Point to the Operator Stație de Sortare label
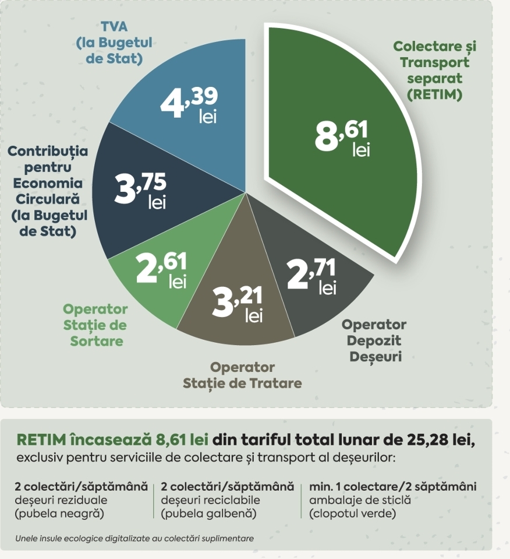tap(95, 325)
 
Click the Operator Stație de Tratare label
tap(242, 375)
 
